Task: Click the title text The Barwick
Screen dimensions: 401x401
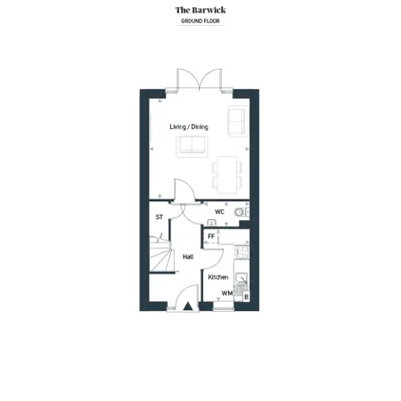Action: (200, 10)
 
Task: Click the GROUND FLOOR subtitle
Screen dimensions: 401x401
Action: (200, 20)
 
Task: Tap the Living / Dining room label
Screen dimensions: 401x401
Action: (188, 127)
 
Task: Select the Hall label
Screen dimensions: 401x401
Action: (188, 257)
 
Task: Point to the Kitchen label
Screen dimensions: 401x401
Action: (218, 277)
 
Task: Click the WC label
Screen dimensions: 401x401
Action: (219, 212)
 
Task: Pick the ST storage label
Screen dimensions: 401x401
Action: (160, 217)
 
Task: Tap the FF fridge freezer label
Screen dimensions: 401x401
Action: (211, 236)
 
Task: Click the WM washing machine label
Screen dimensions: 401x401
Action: (226, 293)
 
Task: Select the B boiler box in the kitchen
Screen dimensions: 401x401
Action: (246, 296)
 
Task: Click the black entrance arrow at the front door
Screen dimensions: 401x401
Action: (188, 306)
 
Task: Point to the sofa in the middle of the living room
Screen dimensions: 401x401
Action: (190, 147)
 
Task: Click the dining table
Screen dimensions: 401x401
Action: (228, 169)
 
